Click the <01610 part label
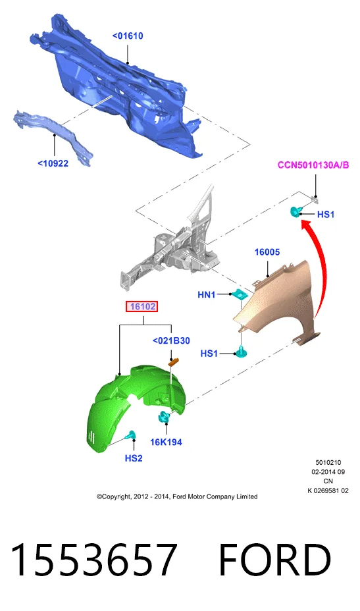(x=128, y=36)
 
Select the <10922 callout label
(x=53, y=163)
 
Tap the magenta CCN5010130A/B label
(x=313, y=165)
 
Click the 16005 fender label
(x=267, y=252)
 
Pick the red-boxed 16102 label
(x=143, y=307)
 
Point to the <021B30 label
(x=171, y=340)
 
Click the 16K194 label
(x=167, y=442)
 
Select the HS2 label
(x=134, y=458)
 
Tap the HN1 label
(x=207, y=294)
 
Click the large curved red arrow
(x=321, y=265)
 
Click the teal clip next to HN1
(x=240, y=294)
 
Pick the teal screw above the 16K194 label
(x=164, y=417)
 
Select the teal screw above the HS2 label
(x=130, y=435)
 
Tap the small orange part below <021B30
(x=172, y=362)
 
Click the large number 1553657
(x=93, y=559)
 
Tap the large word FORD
(x=275, y=559)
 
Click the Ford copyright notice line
(x=177, y=496)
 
